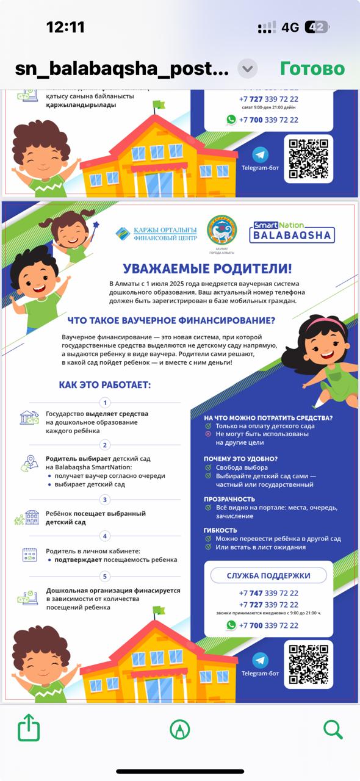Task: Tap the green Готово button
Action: pos(312,68)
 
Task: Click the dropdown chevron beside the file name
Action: pos(247,68)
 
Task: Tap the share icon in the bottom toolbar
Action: pos(29,729)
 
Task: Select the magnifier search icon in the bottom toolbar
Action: pos(333,729)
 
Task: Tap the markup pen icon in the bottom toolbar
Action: pos(180,729)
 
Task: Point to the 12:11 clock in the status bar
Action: pos(65,27)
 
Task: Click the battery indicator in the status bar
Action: pos(317,27)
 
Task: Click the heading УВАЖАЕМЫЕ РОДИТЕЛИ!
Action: pos(207,268)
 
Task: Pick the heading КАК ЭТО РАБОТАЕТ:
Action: pos(104,385)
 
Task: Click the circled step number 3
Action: pos(105,500)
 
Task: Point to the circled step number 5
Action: pos(105,577)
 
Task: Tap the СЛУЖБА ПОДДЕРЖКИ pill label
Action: pos(268,575)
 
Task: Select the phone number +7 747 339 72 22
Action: pos(268,593)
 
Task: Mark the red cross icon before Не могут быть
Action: pos(208,434)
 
